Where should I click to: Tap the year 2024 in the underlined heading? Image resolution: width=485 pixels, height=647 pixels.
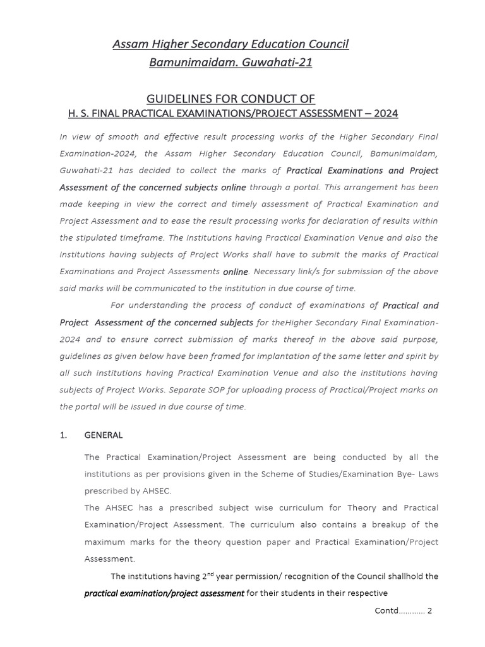(385, 114)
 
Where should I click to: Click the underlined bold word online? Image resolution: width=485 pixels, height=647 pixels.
(236, 272)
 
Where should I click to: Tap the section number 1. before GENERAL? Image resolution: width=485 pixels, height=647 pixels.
(63, 435)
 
